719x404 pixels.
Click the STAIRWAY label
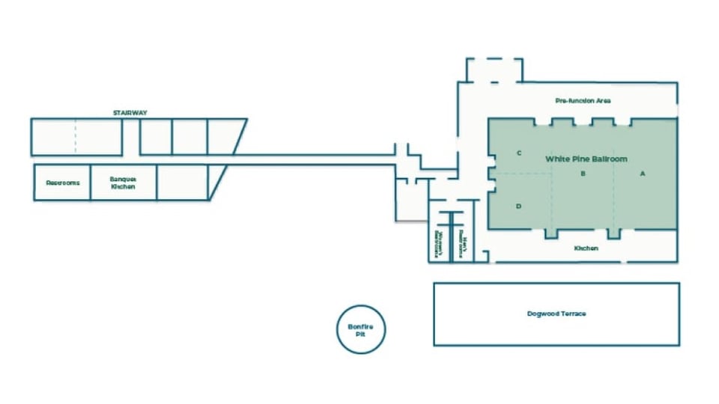[130, 113]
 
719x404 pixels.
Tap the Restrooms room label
[62, 183]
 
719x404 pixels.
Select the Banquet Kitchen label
[123, 183]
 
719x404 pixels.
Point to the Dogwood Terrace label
[556, 313]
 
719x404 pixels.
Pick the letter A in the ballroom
[642, 174]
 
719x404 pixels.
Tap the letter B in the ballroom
[582, 174]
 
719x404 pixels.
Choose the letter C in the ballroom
[518, 153]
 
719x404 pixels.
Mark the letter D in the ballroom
[518, 206]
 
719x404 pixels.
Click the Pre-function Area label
[583, 100]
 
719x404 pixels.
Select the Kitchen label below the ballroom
[586, 248]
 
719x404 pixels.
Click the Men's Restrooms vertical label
[464, 245]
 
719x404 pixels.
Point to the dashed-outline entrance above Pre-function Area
[494, 70]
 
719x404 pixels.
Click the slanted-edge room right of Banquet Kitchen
[187, 183]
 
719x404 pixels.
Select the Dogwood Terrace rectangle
[556, 333]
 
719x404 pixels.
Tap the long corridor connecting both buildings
[315, 159]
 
